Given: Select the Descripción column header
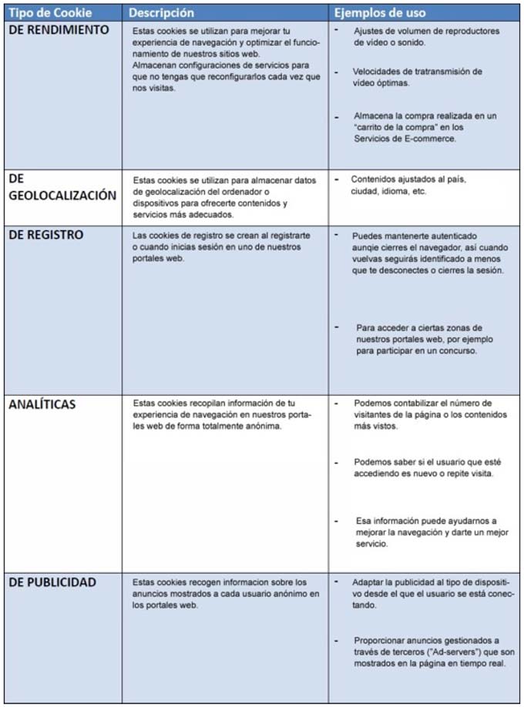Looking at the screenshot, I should (x=161, y=13).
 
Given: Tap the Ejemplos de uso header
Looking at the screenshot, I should (x=378, y=13).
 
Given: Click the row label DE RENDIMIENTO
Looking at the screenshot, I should (x=59, y=30).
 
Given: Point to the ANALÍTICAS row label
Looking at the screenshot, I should (x=42, y=404).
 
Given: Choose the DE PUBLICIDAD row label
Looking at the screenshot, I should (x=53, y=582).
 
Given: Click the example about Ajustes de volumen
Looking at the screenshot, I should (x=426, y=36).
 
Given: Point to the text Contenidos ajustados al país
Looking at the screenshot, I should (x=408, y=179).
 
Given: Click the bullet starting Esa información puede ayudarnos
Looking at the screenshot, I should (x=426, y=532).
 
